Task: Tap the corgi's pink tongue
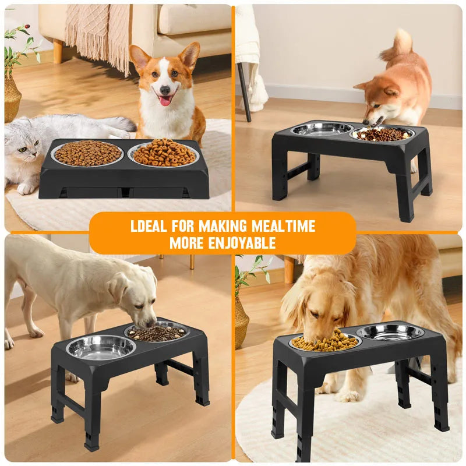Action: (x=165, y=101)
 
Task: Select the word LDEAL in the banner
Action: (x=149, y=226)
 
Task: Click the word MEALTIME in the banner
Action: (x=283, y=226)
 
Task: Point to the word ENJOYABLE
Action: (x=242, y=243)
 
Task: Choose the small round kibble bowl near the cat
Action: (x=87, y=153)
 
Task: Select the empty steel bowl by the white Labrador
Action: (x=101, y=348)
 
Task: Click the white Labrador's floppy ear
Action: (x=118, y=288)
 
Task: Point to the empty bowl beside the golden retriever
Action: (x=390, y=333)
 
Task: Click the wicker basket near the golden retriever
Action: (x=241, y=324)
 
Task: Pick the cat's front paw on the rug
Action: (x=27, y=188)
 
